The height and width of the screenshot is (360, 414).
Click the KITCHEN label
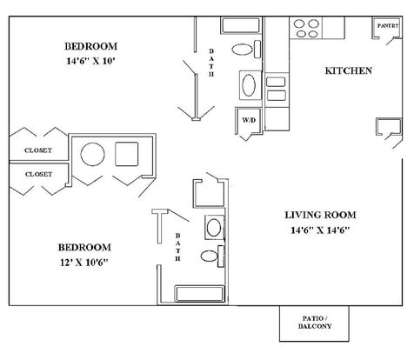[348, 70]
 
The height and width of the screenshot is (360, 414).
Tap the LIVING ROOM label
[320, 215]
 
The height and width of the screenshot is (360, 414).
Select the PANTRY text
[388, 26]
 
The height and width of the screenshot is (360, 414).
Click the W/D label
[249, 120]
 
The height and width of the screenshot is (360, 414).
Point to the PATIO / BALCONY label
[315, 323]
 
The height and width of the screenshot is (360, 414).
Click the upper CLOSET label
[38, 150]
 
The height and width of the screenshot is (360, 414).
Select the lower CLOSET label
[38, 174]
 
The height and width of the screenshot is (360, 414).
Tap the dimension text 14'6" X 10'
[91, 61]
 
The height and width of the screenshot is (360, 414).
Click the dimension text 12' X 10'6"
[84, 263]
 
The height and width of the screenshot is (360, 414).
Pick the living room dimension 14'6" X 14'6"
[320, 230]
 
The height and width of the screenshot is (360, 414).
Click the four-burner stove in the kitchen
[306, 28]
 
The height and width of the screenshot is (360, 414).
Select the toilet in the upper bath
[246, 50]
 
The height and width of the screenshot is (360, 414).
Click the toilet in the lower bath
[212, 257]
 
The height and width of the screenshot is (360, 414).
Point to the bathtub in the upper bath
[241, 26]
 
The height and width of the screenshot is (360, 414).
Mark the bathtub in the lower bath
[200, 294]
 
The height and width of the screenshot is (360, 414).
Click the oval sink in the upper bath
[249, 85]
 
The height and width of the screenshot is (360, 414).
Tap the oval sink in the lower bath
[214, 228]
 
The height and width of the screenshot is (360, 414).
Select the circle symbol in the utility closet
[92, 154]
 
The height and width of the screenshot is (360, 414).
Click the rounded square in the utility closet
[127, 154]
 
